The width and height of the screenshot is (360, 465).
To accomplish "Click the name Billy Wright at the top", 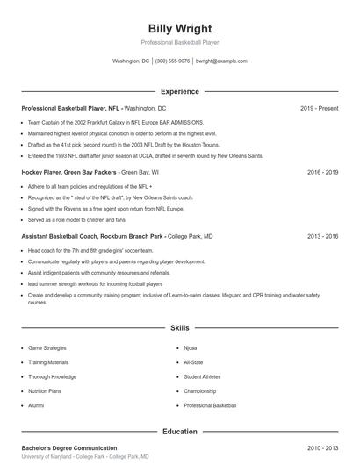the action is point(179,29).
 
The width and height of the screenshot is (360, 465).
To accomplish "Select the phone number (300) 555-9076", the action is point(172,61).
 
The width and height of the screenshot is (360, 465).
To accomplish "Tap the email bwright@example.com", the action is point(221,61).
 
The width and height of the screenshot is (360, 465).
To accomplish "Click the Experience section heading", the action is point(179,91).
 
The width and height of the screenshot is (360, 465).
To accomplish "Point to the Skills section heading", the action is point(179,327).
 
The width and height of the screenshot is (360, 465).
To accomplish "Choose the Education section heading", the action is point(179,432).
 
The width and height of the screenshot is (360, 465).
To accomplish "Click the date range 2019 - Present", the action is point(319,108).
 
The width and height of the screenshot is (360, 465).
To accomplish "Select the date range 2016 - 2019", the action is point(322,173).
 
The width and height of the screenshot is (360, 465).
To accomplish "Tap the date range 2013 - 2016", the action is point(322,237).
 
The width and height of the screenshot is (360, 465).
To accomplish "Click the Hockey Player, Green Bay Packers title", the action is point(69,173).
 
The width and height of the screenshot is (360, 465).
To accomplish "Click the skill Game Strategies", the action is point(47,348).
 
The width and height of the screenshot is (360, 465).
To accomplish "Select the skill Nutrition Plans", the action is point(45,391).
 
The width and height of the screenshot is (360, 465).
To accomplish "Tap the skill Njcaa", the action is point(191,348).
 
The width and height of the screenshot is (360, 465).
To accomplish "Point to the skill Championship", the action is point(199,391).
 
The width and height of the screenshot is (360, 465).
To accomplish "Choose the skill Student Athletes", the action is point(202,377).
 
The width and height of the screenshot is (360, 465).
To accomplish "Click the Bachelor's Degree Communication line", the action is point(69,448).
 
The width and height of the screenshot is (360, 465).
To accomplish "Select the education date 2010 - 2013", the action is point(322,448).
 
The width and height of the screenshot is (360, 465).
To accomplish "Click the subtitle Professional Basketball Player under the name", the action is point(179,43).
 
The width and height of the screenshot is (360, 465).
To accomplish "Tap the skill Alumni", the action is point(36,406).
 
